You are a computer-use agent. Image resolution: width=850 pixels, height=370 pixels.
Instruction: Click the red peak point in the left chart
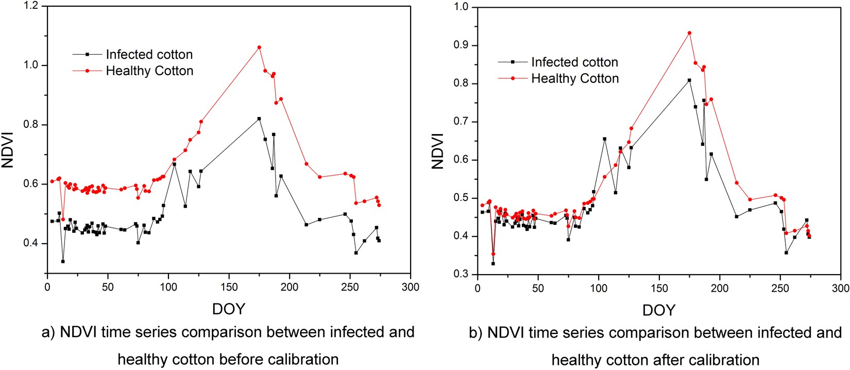(259, 47)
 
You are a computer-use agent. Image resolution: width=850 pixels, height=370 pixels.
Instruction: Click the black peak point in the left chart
(259, 119)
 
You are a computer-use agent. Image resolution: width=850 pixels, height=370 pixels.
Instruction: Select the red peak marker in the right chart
(689, 33)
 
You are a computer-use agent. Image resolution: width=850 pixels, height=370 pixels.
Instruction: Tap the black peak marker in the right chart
(689, 80)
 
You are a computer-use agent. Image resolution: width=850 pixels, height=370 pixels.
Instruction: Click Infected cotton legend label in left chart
(149, 55)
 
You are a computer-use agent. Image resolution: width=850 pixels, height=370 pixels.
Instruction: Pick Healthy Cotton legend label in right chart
(575, 79)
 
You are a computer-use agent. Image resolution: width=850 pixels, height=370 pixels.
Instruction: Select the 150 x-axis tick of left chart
(229, 287)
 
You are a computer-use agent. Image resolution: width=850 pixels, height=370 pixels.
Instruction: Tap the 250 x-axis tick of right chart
(780, 288)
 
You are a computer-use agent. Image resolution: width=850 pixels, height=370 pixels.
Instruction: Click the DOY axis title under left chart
(229, 309)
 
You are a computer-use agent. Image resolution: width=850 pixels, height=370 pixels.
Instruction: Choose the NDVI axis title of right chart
(438, 150)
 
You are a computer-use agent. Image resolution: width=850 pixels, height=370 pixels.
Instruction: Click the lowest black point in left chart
(63, 261)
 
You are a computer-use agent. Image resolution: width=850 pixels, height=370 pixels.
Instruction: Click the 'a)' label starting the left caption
(48, 333)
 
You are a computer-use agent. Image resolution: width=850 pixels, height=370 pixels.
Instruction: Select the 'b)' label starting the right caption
(475, 333)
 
